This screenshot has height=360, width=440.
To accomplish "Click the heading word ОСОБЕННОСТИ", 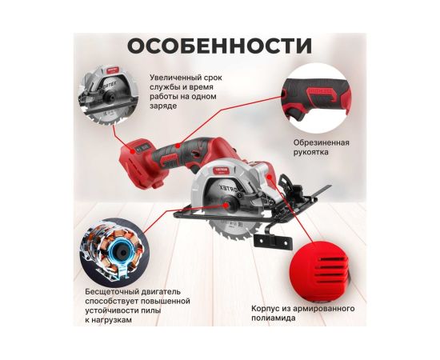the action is tap(219, 46).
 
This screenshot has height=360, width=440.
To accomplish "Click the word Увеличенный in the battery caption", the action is tap(171, 78).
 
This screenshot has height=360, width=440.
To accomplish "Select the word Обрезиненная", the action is tap(322, 142).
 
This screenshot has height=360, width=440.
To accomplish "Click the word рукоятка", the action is tap(311, 152).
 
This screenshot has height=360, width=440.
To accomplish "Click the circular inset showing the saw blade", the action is tap(108, 94).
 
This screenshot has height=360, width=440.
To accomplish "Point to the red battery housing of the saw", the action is tap(140, 162).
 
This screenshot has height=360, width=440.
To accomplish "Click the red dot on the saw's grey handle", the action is tap(178, 146).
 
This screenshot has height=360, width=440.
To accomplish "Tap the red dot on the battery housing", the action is tap(131, 150).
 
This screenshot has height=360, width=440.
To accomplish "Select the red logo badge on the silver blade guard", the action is tap(221, 170).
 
